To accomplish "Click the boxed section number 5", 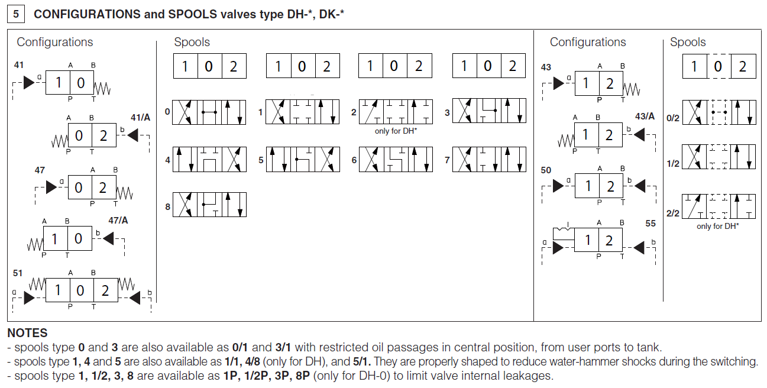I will coord(16,14).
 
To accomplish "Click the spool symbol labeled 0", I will coord(209,112).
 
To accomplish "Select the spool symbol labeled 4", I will coord(209,160).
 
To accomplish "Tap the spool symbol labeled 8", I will coord(209,205).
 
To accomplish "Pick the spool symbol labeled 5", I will coord(303,160).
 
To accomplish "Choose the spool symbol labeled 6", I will coord(395,160).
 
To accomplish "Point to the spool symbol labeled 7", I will coord(489,160).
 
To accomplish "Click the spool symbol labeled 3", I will coord(489,112).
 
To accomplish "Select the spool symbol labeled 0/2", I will coord(719,112).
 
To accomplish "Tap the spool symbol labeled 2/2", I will coord(719,206).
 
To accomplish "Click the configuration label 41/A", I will coord(140,117).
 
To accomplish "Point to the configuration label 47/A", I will coord(118,221).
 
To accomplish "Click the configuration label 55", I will coord(651,224).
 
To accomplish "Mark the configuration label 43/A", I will coord(645,116).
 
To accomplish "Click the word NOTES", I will coord(27,334).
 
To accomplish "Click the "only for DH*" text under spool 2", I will coord(396,131).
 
